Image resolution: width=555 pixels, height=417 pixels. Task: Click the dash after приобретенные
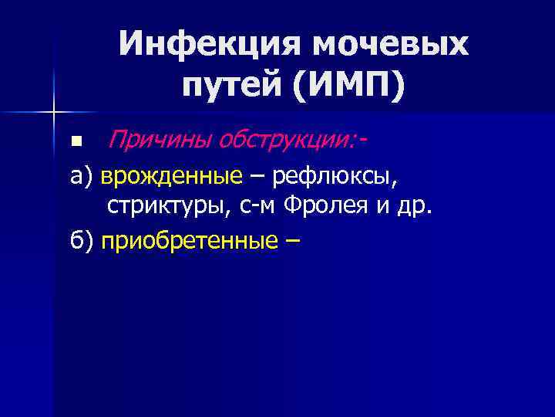click(x=291, y=241)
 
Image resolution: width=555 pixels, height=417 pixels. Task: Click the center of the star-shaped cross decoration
click(x=53, y=113)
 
